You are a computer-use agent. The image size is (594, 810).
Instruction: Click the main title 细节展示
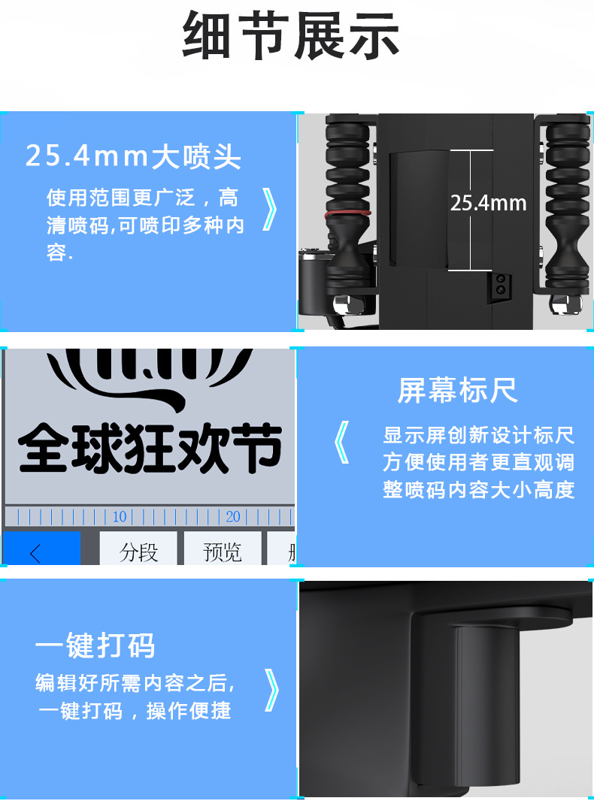[x=291, y=36]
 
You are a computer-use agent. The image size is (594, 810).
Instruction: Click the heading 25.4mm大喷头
[x=133, y=157]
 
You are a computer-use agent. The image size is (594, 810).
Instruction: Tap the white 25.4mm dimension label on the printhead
[x=488, y=203]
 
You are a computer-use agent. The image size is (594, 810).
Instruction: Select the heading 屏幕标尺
[x=457, y=391]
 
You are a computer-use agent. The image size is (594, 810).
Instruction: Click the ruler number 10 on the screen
[x=120, y=517]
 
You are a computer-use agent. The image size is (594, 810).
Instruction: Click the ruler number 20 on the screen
[x=233, y=517]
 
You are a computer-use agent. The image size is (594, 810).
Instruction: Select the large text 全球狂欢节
[x=150, y=449]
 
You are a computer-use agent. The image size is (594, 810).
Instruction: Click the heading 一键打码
[x=95, y=645]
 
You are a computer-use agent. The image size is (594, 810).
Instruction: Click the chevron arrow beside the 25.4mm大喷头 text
[x=270, y=209]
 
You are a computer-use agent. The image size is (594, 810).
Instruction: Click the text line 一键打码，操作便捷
[x=135, y=711]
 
